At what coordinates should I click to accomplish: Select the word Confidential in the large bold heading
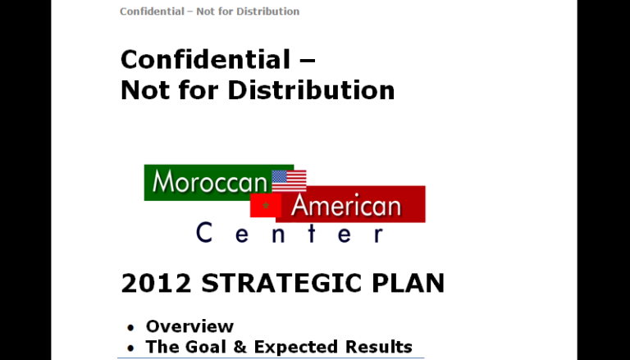point(205,60)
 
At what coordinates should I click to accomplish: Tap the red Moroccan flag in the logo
point(264,205)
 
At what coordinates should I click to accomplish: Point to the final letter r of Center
point(376,235)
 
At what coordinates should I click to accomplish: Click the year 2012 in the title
point(156,284)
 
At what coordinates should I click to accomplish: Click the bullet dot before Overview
point(130,328)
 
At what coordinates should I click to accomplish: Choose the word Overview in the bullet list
point(189,327)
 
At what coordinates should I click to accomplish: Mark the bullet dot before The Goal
point(130,349)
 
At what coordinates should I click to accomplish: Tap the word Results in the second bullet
point(377,347)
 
